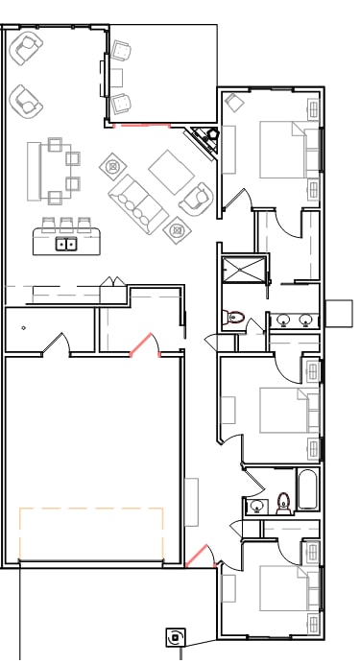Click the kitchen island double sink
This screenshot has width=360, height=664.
coord(66,245)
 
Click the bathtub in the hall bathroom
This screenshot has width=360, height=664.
coord(307,490)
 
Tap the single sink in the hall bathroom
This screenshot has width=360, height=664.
coord(256,506)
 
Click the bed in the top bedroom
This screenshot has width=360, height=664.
coord(288,150)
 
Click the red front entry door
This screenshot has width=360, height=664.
coord(197,556)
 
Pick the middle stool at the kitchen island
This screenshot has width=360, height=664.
coord(67,225)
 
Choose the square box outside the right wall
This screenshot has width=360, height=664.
coord(340,314)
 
